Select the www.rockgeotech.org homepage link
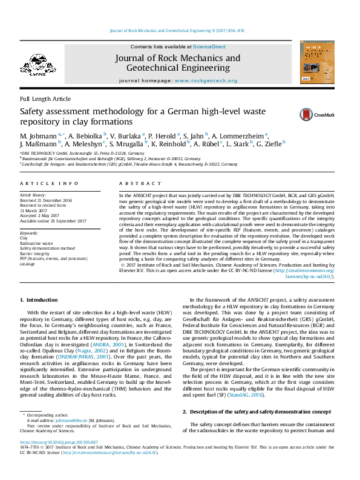coord(206,80)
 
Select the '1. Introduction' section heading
coord(40,300)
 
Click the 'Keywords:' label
coord(29,232)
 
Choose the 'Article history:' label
coord(33,195)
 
